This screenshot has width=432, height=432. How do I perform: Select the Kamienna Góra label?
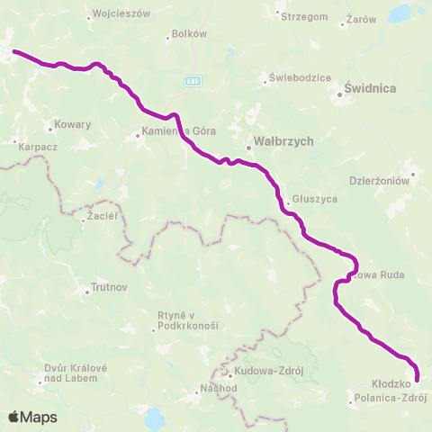[x=179, y=132]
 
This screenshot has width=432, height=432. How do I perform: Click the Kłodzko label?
[x=391, y=382]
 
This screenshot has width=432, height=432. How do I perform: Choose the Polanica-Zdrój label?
[x=391, y=397]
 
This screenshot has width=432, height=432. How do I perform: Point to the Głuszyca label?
[x=314, y=198]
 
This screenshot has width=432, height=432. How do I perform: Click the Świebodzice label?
[x=295, y=77]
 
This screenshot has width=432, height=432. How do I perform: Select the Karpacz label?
[x=33, y=142]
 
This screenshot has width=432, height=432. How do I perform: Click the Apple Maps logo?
[x=32, y=418]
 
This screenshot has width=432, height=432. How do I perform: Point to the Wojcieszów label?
[x=121, y=14]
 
